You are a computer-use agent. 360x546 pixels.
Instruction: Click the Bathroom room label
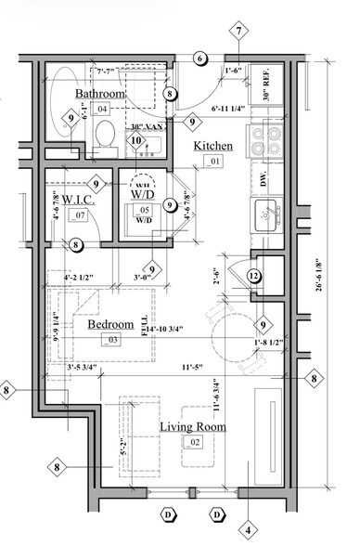100,95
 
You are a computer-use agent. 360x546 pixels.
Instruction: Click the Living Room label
194,426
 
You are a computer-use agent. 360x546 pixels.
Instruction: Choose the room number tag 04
102,110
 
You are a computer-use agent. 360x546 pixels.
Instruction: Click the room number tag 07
80,215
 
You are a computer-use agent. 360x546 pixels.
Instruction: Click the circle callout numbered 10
136,141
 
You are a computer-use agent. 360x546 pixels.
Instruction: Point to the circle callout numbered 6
199,58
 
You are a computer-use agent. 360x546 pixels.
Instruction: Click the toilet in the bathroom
105,138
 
